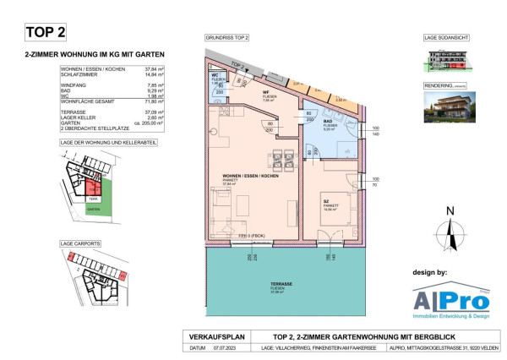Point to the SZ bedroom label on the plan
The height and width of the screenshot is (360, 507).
click(324, 200)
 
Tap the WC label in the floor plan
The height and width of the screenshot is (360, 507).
click(215, 76)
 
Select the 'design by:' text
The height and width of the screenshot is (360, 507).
click(435, 274)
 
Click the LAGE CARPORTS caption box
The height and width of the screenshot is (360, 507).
click(80, 243)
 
